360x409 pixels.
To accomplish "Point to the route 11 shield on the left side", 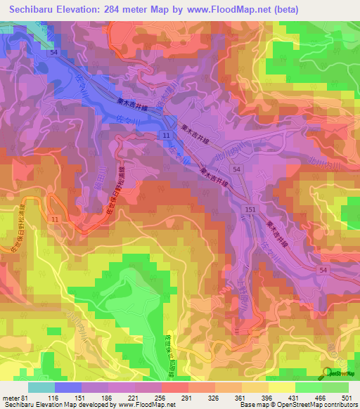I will [x=55, y=220].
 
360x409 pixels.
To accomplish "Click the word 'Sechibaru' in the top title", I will [x=34, y=10].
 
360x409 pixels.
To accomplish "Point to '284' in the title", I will [x=139, y=10].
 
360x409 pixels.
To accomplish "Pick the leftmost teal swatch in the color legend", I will [x=41, y=387].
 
